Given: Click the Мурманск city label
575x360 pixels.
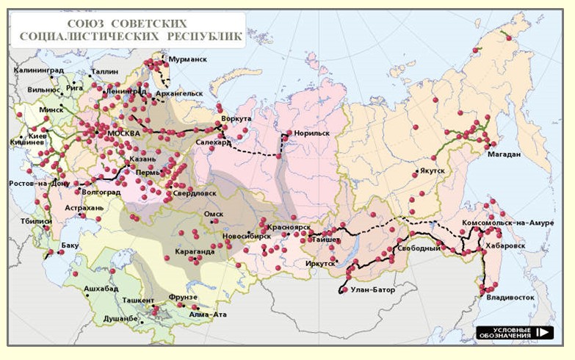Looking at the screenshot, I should [x=187, y=58].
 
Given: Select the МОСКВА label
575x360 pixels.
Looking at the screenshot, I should [x=123, y=133].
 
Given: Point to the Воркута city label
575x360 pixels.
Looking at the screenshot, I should [x=237, y=118].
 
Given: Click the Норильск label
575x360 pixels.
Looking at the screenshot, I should [x=311, y=134].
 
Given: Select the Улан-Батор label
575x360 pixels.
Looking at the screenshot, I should [x=372, y=290].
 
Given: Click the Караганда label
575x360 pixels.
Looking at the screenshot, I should [x=195, y=251].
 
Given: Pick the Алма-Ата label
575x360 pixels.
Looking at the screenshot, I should [x=208, y=314].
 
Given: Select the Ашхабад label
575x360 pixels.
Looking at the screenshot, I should [x=101, y=289].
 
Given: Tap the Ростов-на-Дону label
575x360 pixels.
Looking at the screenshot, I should [x=39, y=183].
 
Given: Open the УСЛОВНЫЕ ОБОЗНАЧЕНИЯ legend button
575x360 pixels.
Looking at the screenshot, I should [x=513, y=333].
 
